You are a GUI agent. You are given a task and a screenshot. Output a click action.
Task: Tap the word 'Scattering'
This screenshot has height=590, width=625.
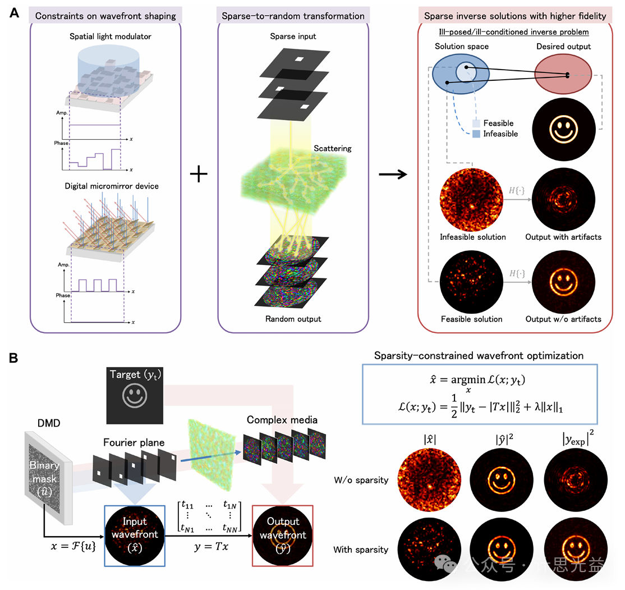333,148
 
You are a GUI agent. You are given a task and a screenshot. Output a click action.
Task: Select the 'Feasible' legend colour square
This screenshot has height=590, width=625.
476,123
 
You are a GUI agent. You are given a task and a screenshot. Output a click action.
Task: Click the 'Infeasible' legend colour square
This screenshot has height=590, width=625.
476,134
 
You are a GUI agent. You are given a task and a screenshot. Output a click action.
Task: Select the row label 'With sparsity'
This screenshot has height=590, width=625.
360,549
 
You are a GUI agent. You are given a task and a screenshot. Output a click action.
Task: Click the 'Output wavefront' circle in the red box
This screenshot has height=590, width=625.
283,535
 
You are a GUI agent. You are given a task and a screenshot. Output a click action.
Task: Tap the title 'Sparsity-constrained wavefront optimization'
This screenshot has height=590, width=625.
479,355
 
